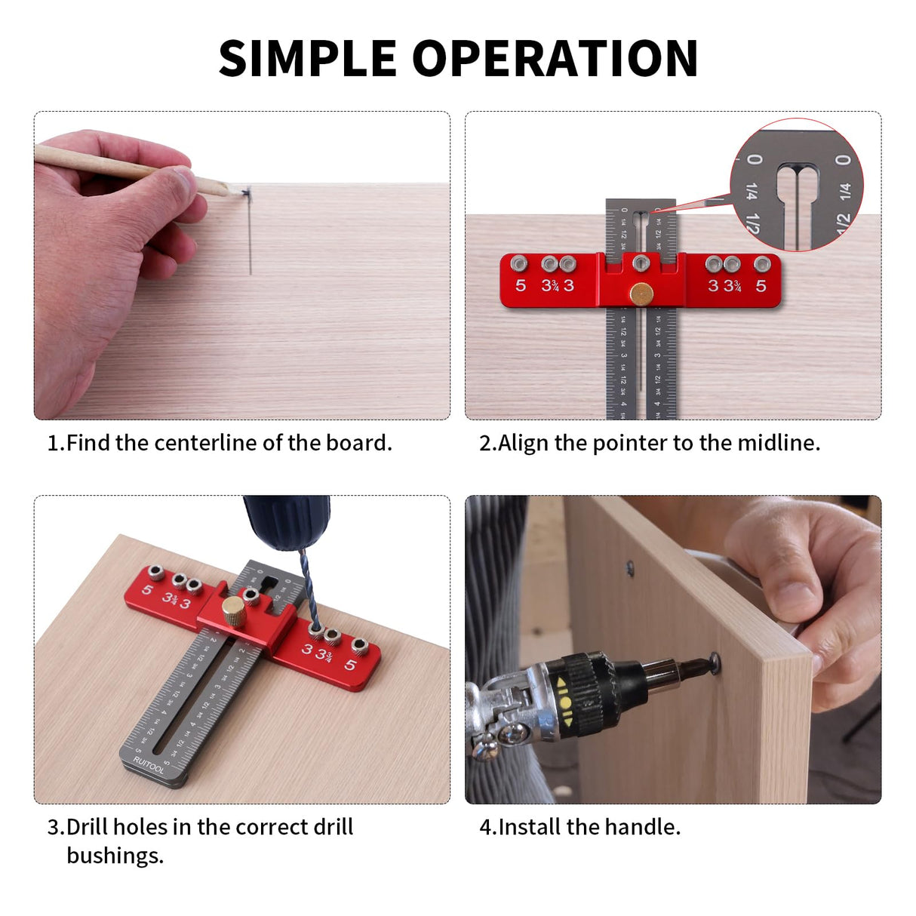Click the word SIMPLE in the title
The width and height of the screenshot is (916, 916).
[x=307, y=58]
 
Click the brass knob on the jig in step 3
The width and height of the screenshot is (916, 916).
[x=233, y=609]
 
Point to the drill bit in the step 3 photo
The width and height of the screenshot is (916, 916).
[x=308, y=589]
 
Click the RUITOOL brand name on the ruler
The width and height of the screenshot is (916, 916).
[x=148, y=765]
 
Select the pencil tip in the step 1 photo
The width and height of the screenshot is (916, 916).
[x=224, y=190]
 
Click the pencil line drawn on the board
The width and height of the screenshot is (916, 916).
[x=249, y=234]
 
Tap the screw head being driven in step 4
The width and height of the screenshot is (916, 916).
[x=712, y=664]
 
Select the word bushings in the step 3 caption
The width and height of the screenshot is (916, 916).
[x=114, y=856]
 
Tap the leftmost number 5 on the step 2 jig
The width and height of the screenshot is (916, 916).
[x=521, y=286]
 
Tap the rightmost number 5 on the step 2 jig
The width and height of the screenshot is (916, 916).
[x=761, y=286]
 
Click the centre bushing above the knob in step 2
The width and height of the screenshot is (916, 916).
[x=641, y=263]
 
